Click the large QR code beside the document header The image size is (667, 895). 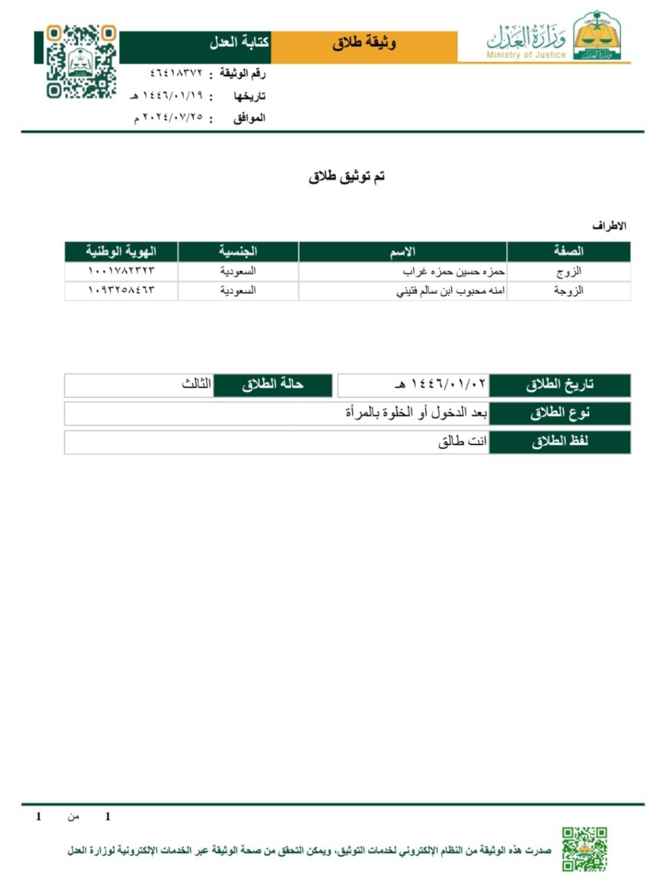click(x=81, y=62)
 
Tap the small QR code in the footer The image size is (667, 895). click(x=584, y=849)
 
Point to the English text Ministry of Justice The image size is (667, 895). click(x=526, y=55)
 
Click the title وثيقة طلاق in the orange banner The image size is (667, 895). click(x=364, y=43)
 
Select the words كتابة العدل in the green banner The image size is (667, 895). click(x=239, y=43)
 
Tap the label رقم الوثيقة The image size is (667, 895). click(x=242, y=74)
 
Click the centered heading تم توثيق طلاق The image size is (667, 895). click(x=347, y=177)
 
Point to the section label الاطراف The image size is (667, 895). click(x=609, y=226)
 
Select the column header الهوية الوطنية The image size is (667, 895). click(x=121, y=252)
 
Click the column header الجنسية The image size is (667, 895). click(x=238, y=252)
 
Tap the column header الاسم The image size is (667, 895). click(x=402, y=252)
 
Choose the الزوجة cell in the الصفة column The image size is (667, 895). click(x=568, y=291)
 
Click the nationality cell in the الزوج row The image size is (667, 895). click(x=238, y=271)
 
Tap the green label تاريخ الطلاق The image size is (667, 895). click(x=559, y=385)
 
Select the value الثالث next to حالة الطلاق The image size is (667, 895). click(x=196, y=384)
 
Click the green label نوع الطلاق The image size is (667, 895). click(x=559, y=414)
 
